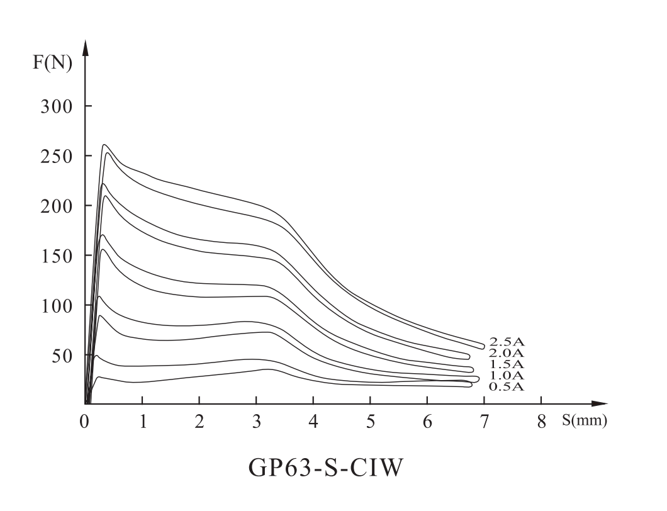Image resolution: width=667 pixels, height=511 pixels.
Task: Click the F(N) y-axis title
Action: coord(53,63)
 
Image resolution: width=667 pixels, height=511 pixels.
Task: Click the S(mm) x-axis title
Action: coord(585,421)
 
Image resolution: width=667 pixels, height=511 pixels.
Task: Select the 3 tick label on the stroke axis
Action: coord(257,422)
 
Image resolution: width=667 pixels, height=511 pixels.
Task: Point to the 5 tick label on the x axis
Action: coord(371,422)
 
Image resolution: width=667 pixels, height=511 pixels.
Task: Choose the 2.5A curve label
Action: coord(506,342)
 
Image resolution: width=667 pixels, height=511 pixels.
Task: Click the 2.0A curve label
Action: coord(506,353)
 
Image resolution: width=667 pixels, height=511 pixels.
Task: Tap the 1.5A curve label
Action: coord(506,364)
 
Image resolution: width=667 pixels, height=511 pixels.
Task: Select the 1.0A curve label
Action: coord(506,375)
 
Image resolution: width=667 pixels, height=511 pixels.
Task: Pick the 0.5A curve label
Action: coord(506,386)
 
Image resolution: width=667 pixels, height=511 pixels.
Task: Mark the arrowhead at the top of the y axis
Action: coord(86,48)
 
